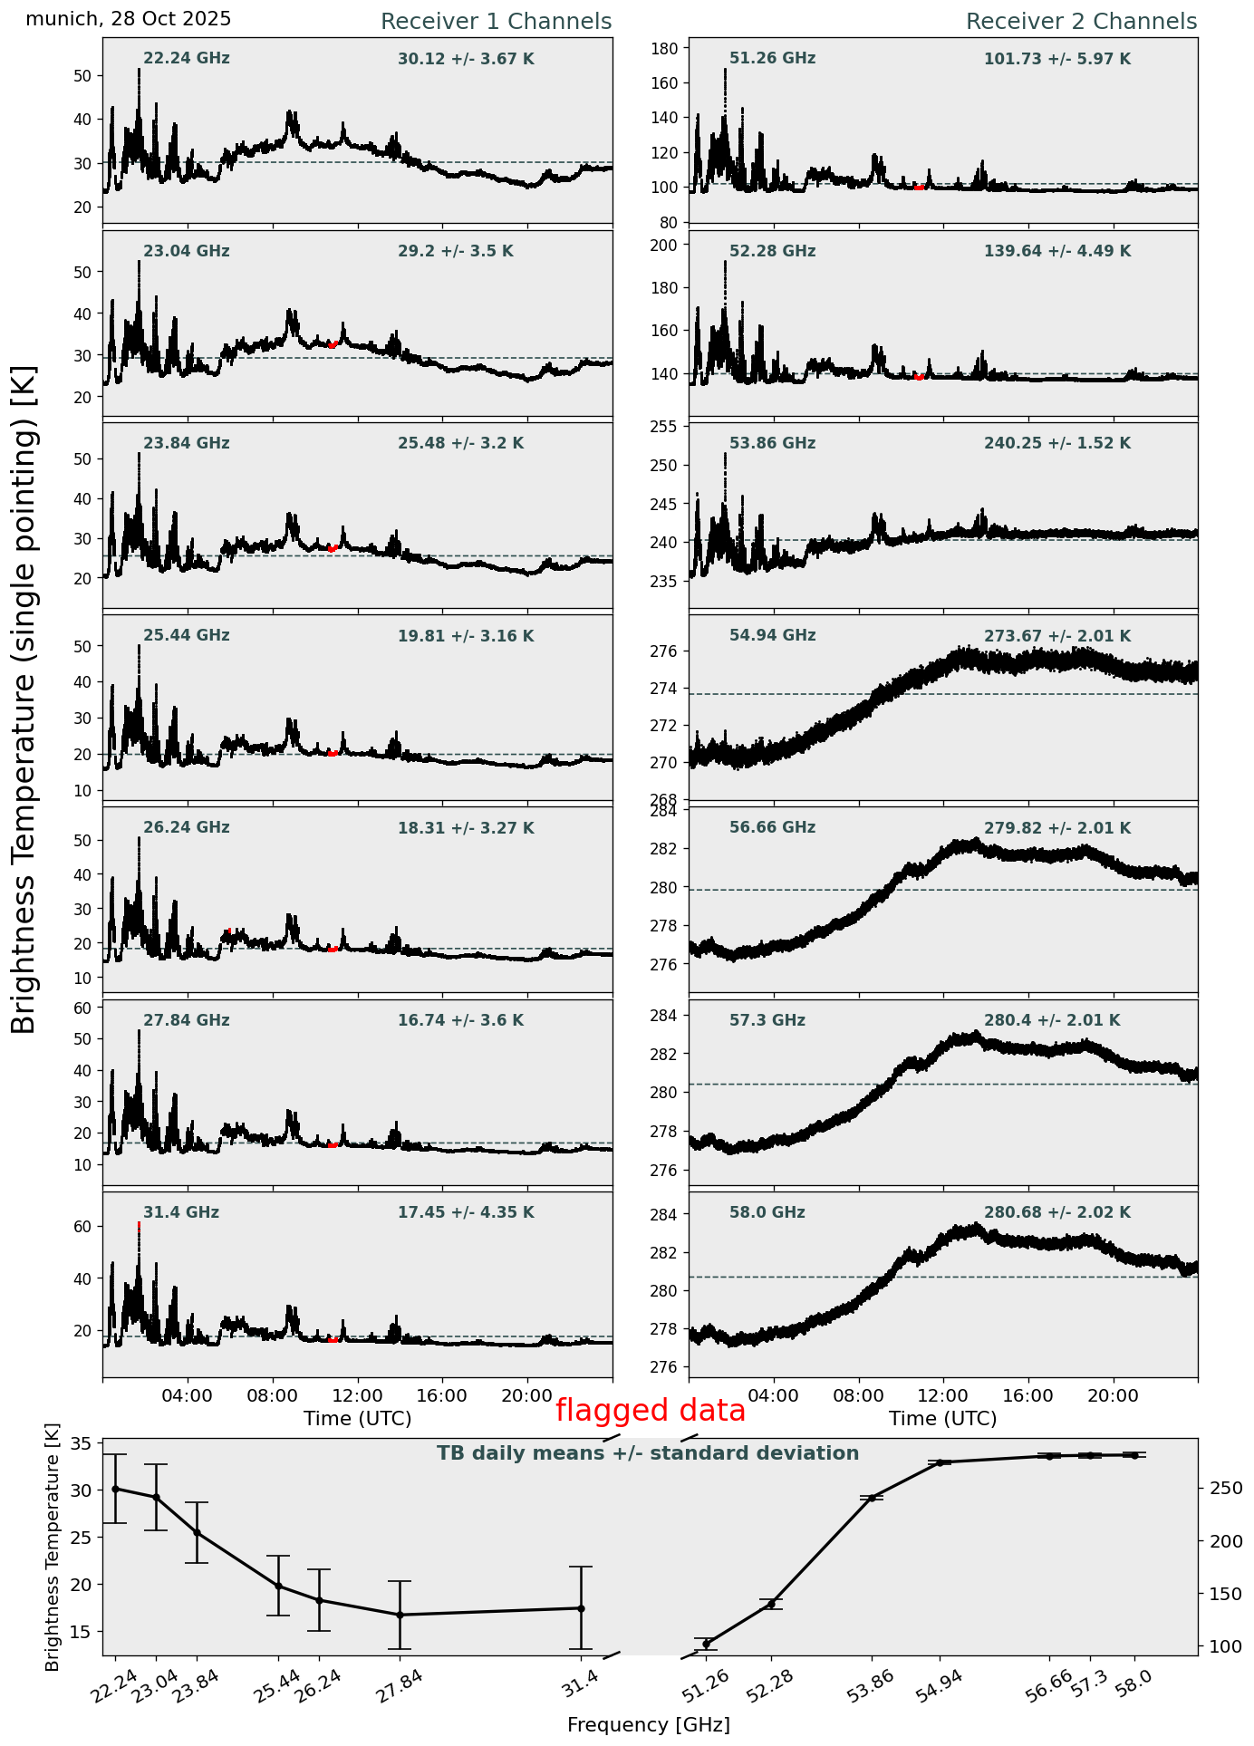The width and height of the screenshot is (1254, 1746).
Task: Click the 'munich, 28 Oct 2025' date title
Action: pos(128,19)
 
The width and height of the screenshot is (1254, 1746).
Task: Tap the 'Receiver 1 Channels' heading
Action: pos(496,22)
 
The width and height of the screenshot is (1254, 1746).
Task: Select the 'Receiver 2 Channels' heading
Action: pos(1081,22)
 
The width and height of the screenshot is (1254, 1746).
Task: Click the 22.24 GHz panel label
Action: pos(187,59)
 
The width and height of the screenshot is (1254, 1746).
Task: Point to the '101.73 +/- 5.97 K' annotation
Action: pos(1057,60)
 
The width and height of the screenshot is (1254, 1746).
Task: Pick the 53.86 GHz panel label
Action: pos(772,444)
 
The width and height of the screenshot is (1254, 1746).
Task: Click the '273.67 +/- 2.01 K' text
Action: pos(1057,636)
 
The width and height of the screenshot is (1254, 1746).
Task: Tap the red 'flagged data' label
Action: pos(651,1411)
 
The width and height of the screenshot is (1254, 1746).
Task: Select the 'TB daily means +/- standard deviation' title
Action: pos(648,1453)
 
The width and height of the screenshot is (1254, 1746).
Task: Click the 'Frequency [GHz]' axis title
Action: pos(648,1724)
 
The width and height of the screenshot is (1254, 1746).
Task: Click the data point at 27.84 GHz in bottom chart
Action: pos(400,1615)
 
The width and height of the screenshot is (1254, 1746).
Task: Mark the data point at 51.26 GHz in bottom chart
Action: pos(707,1644)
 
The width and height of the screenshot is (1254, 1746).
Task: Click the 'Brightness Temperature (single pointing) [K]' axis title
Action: pos(24,699)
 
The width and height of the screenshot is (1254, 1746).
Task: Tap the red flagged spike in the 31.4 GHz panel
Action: pos(139,1226)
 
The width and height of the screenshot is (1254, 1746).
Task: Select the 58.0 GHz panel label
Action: pos(767,1212)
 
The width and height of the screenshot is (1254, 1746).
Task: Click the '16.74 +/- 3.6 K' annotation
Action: pos(460,1020)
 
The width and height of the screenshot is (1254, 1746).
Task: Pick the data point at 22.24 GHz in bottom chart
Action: pos(115,1489)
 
